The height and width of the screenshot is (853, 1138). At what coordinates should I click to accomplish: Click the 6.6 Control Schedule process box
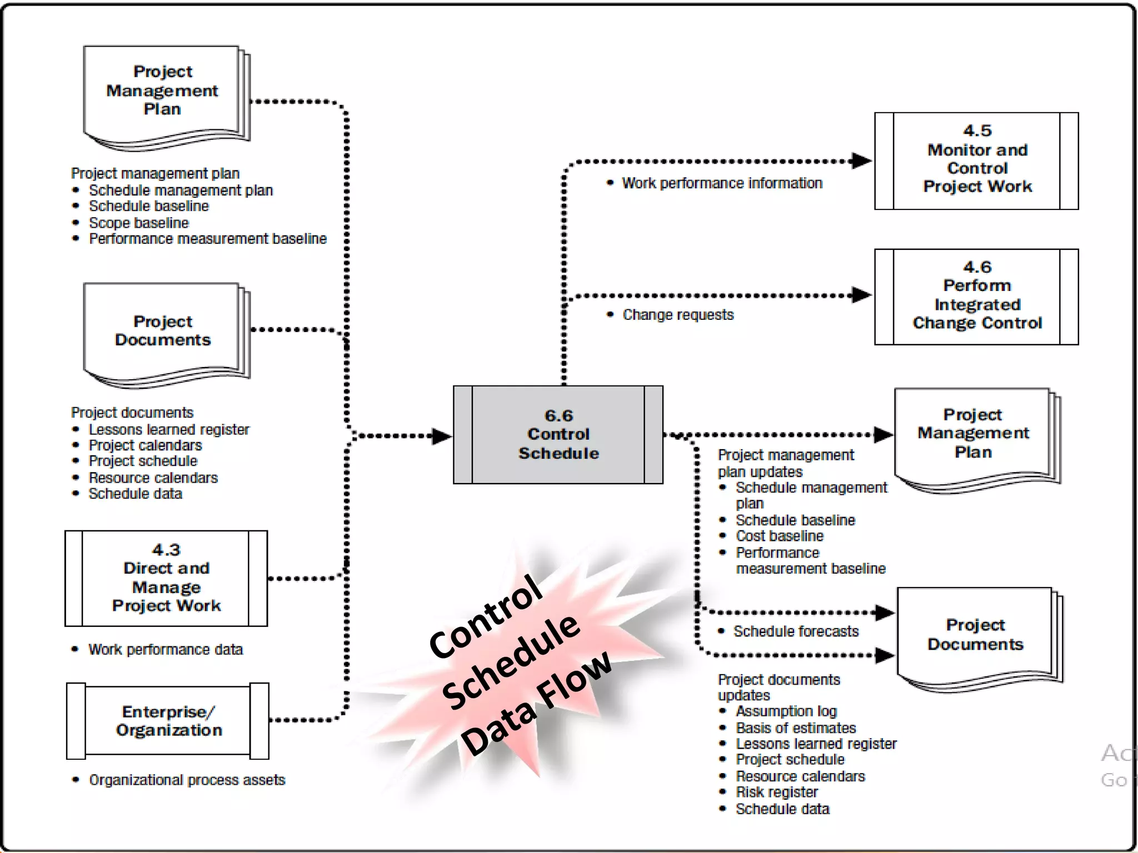coord(558,434)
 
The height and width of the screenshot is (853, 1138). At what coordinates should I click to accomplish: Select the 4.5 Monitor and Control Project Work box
coord(976,160)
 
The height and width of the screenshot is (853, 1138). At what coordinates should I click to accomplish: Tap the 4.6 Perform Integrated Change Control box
coord(976,297)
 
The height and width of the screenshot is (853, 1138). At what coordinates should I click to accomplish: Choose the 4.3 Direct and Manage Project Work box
coord(166,578)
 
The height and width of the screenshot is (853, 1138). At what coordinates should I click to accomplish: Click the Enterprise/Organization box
coord(168,720)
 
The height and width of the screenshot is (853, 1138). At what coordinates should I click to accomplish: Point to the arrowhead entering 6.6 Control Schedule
coord(441,436)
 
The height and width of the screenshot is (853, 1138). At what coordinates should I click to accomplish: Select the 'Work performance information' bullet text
coord(722,183)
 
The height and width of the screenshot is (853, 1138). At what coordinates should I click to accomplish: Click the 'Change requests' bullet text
coord(678,315)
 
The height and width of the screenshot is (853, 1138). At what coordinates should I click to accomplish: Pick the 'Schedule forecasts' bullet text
coord(796,631)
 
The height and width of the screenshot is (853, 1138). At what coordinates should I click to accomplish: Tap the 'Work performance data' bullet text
coord(166,649)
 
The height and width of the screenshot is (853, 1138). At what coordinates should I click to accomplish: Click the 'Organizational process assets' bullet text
coord(187,780)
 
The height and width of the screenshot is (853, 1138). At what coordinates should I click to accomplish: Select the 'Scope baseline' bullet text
coord(139,223)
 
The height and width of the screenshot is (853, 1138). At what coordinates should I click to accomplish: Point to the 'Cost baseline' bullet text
coord(780,536)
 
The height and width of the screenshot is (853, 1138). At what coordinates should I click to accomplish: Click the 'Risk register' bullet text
coord(777,792)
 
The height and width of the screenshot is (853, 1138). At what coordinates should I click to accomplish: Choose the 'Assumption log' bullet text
coord(786,711)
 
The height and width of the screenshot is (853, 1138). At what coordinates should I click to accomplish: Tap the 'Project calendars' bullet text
coord(146,445)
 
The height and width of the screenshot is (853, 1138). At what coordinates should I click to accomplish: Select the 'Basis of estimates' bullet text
coord(796,727)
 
